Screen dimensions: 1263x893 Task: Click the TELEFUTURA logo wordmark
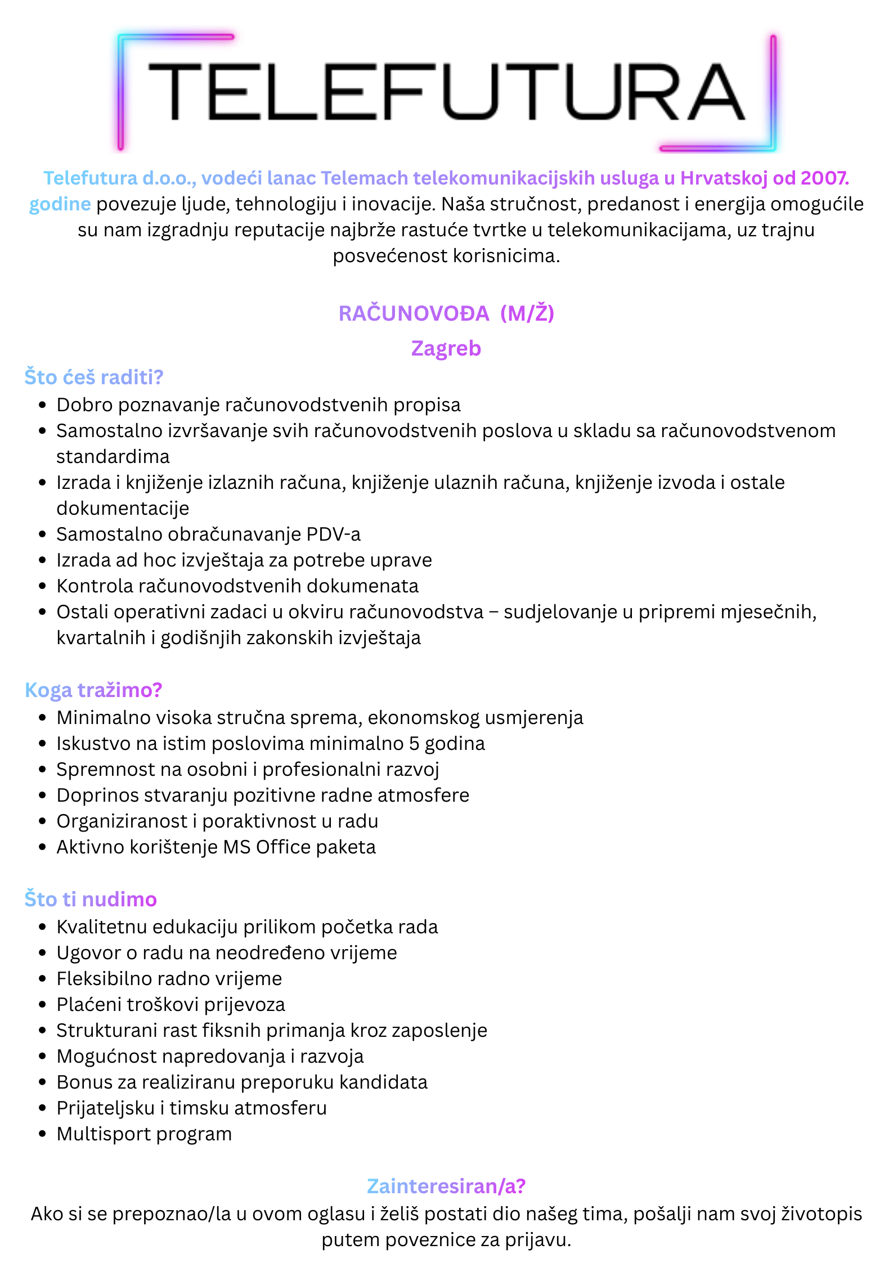click(x=446, y=92)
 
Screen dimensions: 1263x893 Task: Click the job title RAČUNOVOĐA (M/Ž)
click(x=446, y=313)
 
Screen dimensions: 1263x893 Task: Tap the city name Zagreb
click(x=446, y=348)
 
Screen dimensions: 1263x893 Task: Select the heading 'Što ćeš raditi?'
click(x=93, y=377)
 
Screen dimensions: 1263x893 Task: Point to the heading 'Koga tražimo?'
click(x=93, y=690)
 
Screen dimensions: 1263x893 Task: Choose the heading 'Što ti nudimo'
click(x=91, y=899)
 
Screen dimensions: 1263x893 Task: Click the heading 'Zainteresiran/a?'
click(x=446, y=1186)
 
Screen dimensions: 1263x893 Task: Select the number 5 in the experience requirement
click(x=414, y=744)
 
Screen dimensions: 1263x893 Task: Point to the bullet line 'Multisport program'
click(x=144, y=1134)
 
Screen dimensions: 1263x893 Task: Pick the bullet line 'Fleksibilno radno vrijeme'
click(x=169, y=979)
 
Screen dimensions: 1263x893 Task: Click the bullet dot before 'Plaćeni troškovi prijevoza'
click(x=42, y=1005)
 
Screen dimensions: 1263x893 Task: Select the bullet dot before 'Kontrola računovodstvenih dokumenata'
click(x=42, y=586)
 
